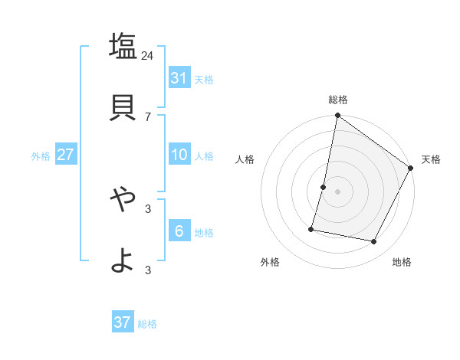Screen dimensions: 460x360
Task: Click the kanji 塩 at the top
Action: pos(122,45)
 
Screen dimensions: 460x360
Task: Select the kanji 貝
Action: pos(122,107)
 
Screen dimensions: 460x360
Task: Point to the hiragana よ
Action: pos(122,261)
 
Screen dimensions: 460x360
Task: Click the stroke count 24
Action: pos(148,55)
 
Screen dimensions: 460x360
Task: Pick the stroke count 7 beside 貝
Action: pos(148,116)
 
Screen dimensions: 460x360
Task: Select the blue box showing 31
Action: pos(179,77)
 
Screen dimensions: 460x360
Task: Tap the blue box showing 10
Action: pos(179,155)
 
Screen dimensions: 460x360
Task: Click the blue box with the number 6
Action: pos(179,231)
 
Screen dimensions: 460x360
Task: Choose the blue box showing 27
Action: pos(65,155)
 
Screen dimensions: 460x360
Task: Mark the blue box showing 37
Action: pos(122,322)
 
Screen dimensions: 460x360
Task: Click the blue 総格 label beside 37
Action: pos(147,324)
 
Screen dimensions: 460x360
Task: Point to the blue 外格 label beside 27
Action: pos(41,156)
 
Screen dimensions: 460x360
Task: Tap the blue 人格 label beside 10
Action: pos(204,156)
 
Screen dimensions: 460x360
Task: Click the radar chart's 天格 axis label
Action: pos(431,159)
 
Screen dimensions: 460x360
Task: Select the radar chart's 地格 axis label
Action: pos(402,262)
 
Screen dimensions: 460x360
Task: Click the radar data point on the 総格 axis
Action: pos(337,116)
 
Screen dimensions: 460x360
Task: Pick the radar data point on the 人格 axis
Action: pos(324,187)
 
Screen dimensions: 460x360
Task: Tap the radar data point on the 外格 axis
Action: pos(312,228)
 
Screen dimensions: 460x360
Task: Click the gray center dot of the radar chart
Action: pos(337,191)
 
